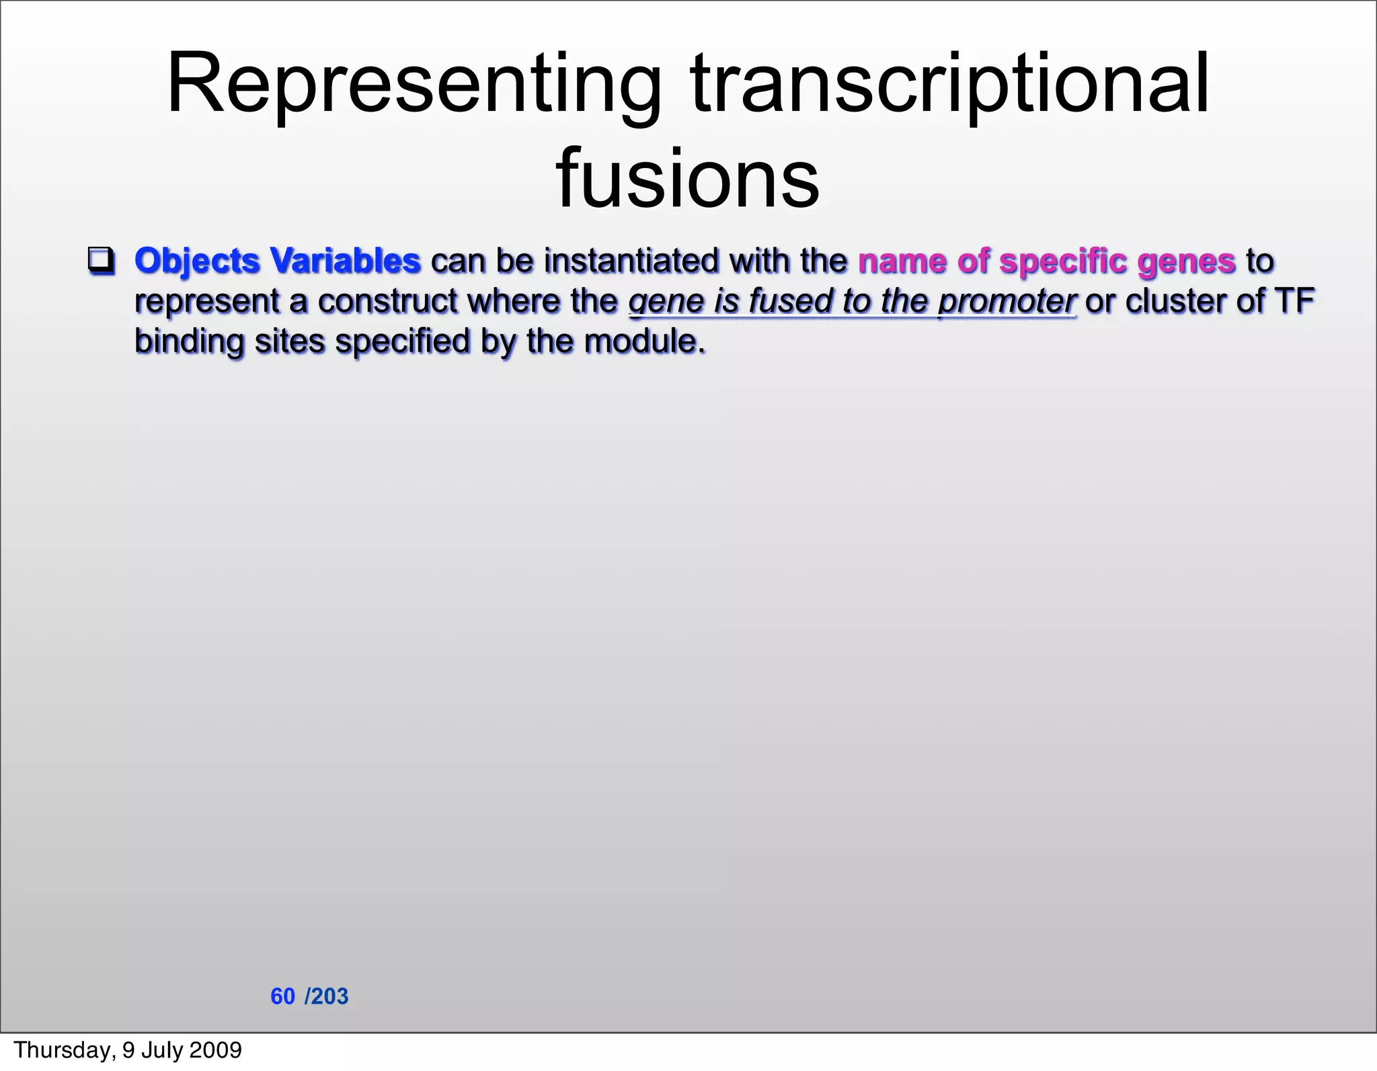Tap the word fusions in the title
pyautogui.click(x=687, y=179)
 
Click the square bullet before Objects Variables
pyautogui.click(x=101, y=261)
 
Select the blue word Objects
pyautogui.click(x=197, y=261)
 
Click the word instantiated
pyautogui.click(x=631, y=261)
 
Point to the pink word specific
pyautogui.click(x=1062, y=261)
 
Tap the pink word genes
pyautogui.click(x=1187, y=262)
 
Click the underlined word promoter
pyautogui.click(x=1007, y=301)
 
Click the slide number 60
pyautogui.click(x=282, y=996)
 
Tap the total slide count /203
pyautogui.click(x=327, y=996)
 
